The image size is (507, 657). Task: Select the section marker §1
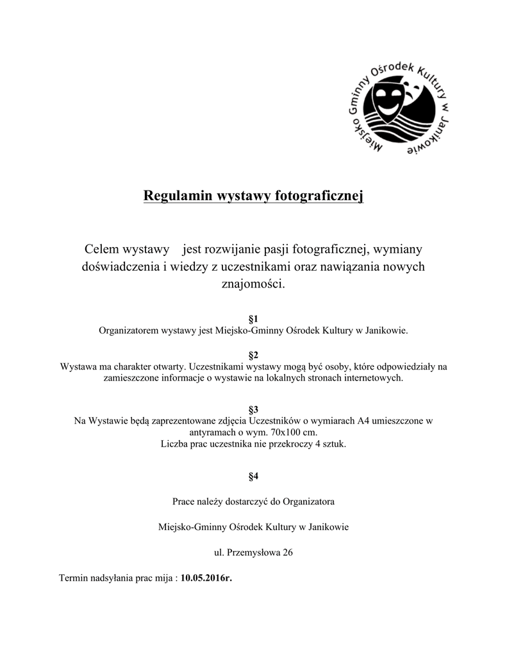pos(253,319)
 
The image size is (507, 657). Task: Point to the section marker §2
pos(253,355)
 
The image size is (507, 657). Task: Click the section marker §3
pos(253,409)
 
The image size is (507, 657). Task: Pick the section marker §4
pos(253,476)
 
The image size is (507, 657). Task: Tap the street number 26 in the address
pos(288,552)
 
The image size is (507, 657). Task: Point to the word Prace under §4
pos(185,500)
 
